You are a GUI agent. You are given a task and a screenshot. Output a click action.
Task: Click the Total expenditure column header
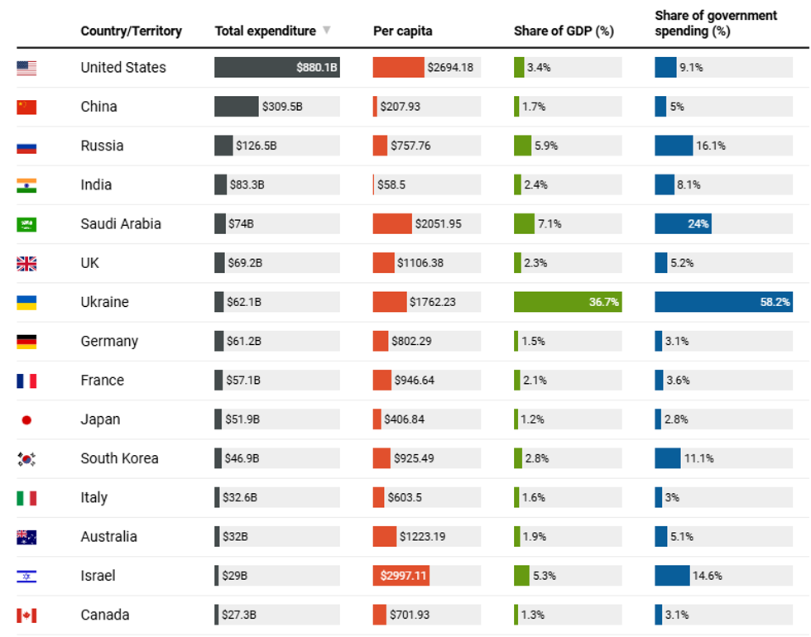pos(265,31)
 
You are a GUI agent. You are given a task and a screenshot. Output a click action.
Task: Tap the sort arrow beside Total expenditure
pos(327,31)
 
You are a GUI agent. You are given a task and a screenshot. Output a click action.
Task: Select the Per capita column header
pos(402,31)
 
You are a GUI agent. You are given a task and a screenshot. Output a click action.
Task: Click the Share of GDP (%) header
pos(564,31)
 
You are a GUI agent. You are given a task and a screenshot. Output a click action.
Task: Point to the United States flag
pos(26,68)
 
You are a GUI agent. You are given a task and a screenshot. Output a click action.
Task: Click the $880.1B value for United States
pos(317,68)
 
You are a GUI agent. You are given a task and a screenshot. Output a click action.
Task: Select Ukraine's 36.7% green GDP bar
pos(568,302)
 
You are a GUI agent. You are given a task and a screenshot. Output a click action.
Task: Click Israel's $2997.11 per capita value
pos(403,576)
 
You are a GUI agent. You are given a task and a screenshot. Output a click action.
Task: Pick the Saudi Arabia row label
pos(121,224)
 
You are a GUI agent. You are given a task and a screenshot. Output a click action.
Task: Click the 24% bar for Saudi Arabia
pos(683,224)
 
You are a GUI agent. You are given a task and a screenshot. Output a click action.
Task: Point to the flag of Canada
pos(26,615)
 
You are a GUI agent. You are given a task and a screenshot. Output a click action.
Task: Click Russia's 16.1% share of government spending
pos(711,146)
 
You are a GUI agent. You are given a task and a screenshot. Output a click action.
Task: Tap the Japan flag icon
pos(26,420)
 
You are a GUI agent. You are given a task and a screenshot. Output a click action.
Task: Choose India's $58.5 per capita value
pos(391,184)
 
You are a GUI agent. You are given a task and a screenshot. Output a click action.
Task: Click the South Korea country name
pos(119,458)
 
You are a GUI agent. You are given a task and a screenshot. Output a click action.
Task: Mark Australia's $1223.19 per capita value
pos(422,537)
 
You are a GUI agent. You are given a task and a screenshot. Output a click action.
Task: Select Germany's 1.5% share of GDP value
pos(534,341)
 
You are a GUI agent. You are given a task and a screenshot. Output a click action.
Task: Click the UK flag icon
pos(26,264)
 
